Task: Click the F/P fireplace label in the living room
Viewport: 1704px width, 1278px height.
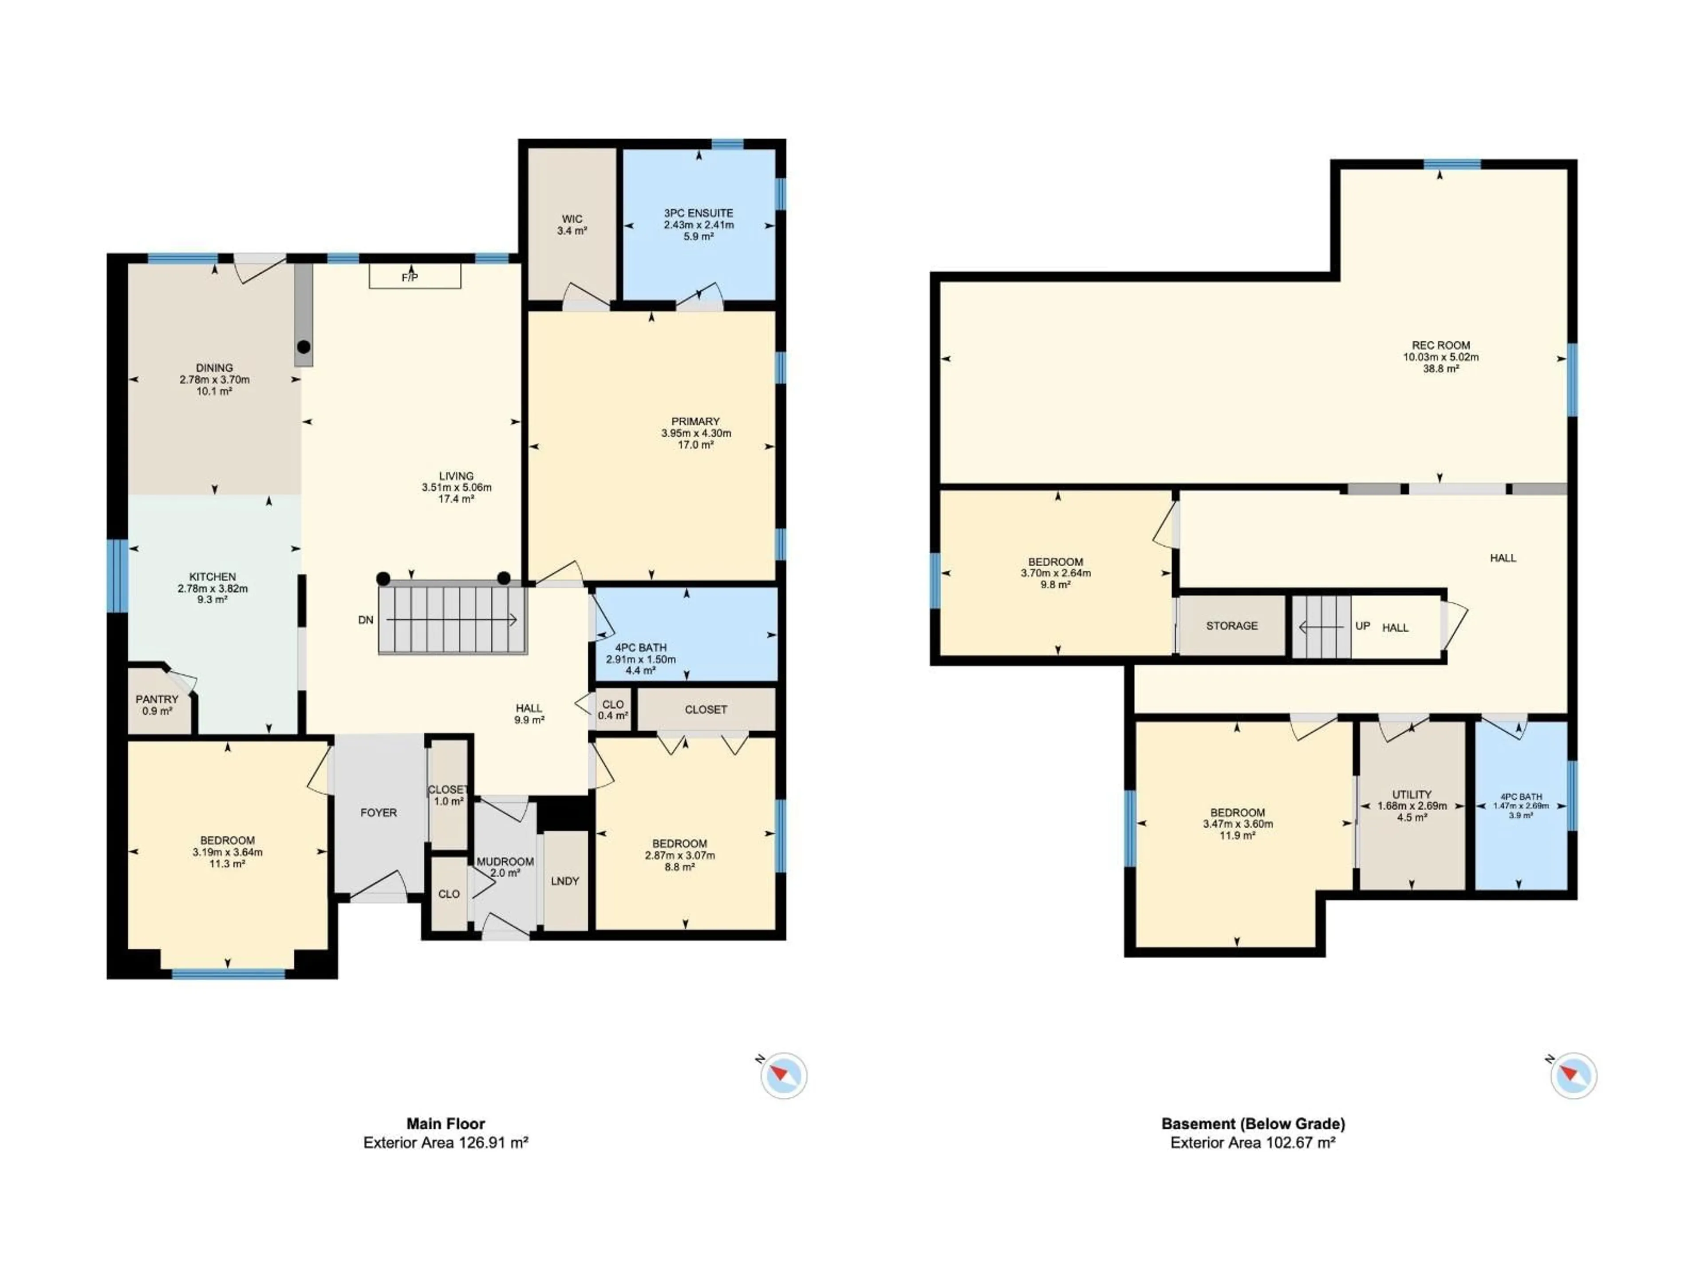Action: tap(410, 277)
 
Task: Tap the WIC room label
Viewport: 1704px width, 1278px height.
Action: tap(572, 219)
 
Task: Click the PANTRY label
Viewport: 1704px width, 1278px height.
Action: tap(157, 699)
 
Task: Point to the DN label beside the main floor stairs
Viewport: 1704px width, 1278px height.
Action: tap(366, 619)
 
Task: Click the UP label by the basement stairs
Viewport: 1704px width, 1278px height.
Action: tap(1362, 626)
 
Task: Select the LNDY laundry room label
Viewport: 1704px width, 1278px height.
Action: tap(564, 880)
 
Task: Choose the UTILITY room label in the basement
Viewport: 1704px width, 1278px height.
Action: tap(1411, 794)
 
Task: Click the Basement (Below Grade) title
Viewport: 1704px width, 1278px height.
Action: tap(1253, 1123)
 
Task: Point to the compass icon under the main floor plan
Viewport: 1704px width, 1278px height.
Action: tap(783, 1075)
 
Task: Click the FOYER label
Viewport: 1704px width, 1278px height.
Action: tap(378, 812)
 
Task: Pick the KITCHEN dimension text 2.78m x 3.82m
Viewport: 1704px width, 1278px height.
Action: tap(213, 588)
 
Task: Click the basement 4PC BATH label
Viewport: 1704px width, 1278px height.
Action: tap(1521, 797)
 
